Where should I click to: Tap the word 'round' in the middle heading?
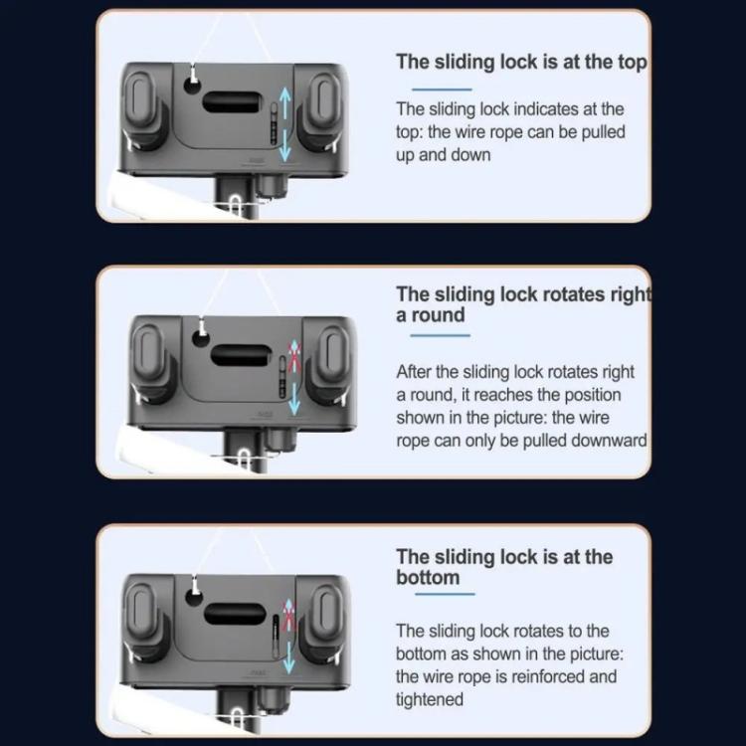(439, 315)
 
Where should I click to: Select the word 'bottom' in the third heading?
(428, 578)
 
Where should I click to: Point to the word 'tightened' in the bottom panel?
(430, 699)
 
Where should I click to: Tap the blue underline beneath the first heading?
(442, 90)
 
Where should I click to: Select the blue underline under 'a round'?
(441, 335)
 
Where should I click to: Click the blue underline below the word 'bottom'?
(445, 594)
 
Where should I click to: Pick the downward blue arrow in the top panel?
(284, 145)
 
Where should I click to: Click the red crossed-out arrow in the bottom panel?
(288, 616)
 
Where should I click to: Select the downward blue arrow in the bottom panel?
(288, 657)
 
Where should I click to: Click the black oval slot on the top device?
(232, 102)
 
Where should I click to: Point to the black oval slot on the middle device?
(241, 355)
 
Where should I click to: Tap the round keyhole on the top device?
(192, 87)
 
